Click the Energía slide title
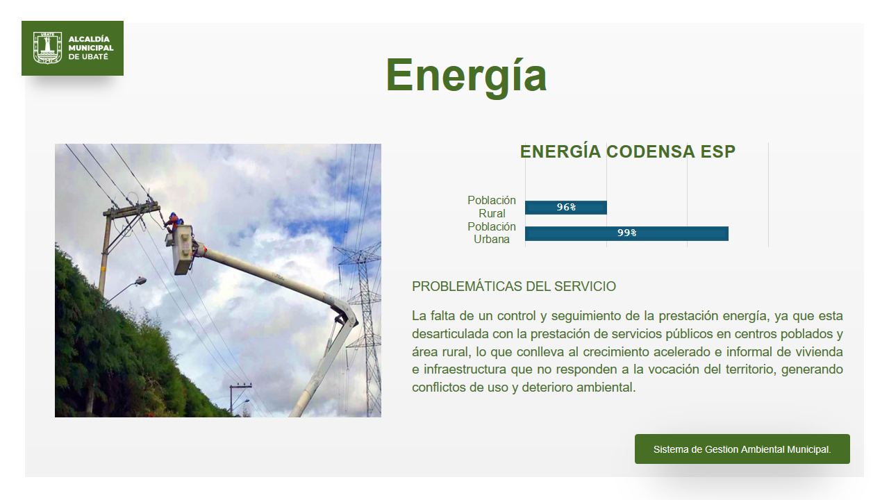[466, 76]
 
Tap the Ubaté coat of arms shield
[48, 48]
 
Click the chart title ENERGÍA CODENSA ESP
[627, 151]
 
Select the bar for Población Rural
[566, 208]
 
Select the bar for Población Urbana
[626, 233]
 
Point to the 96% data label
[566, 207]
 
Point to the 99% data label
[626, 233]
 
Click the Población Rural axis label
[491, 207]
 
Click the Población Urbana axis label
[491, 233]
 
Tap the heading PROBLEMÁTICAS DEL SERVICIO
[514, 286]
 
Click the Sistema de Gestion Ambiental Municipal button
[742, 449]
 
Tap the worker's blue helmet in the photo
[174, 216]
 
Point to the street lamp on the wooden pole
[140, 281]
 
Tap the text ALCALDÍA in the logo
[89, 40]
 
